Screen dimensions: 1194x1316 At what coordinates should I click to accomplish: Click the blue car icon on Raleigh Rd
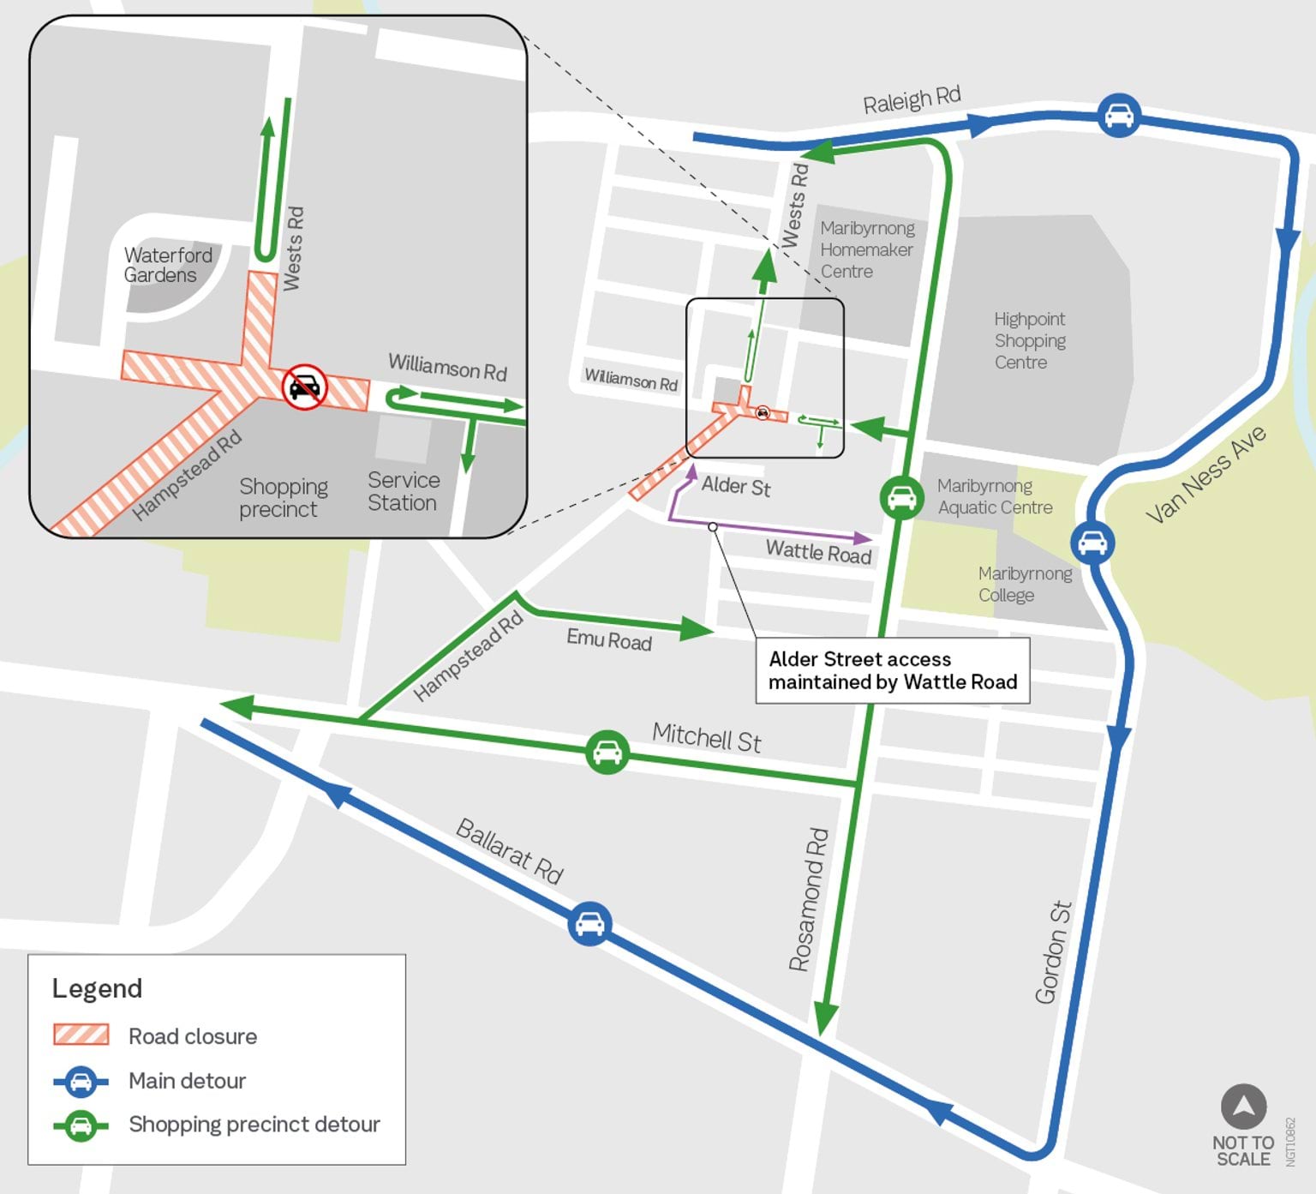pos(1119,115)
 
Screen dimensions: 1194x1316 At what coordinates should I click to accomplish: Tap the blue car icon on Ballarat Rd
pos(589,924)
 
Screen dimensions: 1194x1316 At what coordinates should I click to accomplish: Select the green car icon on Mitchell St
pos(607,753)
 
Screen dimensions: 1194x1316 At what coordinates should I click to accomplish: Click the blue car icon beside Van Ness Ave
pos(1092,543)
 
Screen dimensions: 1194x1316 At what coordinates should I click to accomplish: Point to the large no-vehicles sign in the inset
pos(305,387)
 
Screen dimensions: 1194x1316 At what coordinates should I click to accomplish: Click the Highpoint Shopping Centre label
pos(1029,340)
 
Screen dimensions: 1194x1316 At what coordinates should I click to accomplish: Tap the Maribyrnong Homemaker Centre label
pos(866,249)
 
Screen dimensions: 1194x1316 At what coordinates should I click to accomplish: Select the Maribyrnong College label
pos(1024,584)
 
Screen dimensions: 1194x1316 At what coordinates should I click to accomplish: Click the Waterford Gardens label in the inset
pos(167,265)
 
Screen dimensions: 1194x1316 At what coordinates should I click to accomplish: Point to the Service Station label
pos(404,491)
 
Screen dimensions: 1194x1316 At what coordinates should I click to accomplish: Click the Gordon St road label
pos(1053,952)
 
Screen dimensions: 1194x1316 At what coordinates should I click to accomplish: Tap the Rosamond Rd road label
pos(808,899)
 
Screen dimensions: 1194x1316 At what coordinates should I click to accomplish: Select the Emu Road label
pos(608,639)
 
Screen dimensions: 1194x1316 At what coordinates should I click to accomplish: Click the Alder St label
pos(736,486)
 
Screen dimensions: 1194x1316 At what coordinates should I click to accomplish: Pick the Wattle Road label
pos(818,552)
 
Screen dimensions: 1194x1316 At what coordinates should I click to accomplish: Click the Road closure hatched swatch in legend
pos(81,1035)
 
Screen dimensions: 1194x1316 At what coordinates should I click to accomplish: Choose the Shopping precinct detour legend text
pos(254,1124)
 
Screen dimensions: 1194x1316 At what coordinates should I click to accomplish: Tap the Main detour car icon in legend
pos(81,1081)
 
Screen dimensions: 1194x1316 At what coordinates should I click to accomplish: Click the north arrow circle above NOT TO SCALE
pos(1243,1106)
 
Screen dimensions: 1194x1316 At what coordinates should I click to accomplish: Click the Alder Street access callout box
pos(893,670)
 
